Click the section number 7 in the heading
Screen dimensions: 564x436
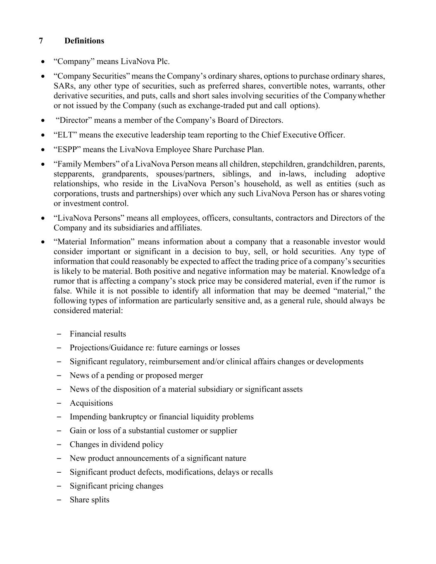click(x=41, y=41)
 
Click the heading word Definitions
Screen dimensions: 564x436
click(x=84, y=41)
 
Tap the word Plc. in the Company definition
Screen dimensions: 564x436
click(x=163, y=62)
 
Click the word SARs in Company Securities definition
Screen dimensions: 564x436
click(x=62, y=86)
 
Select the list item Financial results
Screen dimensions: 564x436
click(x=98, y=334)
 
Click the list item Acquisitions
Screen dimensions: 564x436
click(x=91, y=403)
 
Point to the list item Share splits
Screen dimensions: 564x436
click(x=89, y=500)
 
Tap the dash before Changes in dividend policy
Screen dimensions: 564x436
click(x=59, y=444)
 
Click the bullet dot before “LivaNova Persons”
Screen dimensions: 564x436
click(x=43, y=218)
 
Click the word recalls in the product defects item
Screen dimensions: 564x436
click(x=262, y=472)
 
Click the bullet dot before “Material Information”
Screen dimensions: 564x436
click(x=43, y=242)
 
